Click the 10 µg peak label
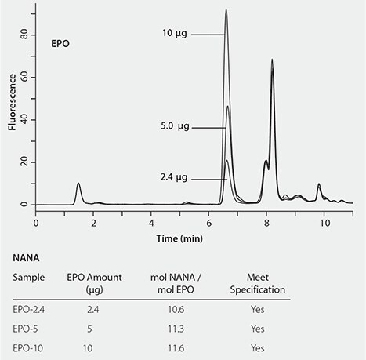pyautogui.click(x=175, y=34)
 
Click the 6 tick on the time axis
pyautogui.click(x=208, y=222)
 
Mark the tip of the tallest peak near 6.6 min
pyautogui.click(x=226, y=10)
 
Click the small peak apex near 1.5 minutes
pyautogui.click(x=78, y=184)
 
